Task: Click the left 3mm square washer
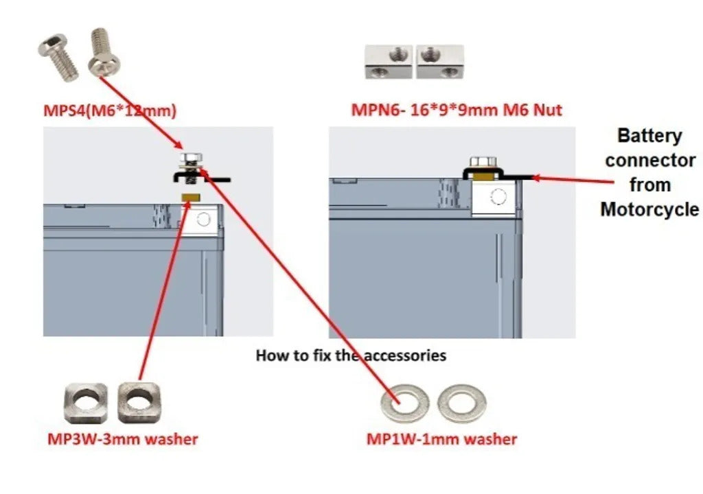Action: point(85,403)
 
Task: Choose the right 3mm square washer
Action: point(139,402)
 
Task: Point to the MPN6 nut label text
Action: point(457,110)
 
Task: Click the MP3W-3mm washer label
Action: point(122,439)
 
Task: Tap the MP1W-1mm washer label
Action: point(441,439)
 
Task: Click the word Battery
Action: point(649,135)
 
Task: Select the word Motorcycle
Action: point(649,209)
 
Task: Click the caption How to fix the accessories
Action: point(351,355)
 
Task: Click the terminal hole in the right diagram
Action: point(498,198)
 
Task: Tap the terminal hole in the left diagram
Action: point(203,219)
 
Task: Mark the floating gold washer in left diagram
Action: point(190,198)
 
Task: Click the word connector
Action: point(649,160)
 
